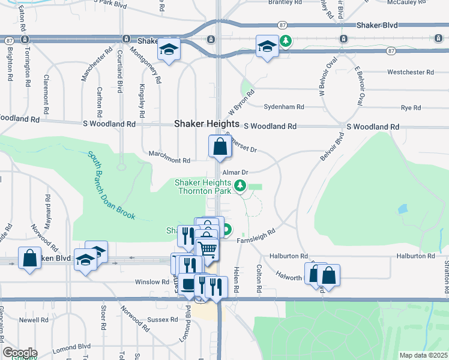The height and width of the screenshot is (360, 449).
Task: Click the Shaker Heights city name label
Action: point(206,124)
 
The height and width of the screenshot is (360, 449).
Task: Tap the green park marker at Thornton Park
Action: point(240,185)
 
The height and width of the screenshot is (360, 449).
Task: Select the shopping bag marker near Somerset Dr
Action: point(220,146)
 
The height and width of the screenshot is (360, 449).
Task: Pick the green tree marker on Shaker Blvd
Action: point(287,41)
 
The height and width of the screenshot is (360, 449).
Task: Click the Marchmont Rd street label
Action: point(170,161)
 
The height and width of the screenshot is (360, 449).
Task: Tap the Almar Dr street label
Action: point(235,172)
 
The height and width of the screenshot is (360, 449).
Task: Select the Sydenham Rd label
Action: point(284,107)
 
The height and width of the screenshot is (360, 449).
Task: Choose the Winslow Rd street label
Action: point(152,281)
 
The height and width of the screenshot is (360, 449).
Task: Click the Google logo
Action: point(19,353)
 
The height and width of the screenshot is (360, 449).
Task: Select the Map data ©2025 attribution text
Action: point(423,355)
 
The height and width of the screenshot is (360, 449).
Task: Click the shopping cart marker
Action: point(207,248)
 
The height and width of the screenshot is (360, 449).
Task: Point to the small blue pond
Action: point(402,209)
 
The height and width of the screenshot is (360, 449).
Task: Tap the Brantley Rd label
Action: point(285,2)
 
